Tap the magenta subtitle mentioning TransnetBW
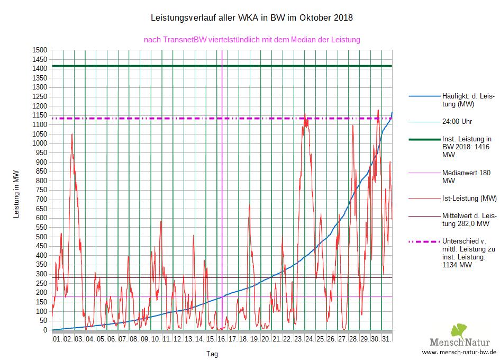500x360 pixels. [252, 40]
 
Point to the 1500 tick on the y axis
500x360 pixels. [41, 50]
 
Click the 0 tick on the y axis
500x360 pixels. [46, 330]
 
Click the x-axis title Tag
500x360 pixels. [212, 354]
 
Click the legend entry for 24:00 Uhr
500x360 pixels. [457, 121]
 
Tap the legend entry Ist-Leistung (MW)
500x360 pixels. [469, 199]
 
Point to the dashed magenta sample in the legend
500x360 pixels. [424, 241]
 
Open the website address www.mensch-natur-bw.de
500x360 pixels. [459, 352]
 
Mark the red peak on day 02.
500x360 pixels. [72, 134]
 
